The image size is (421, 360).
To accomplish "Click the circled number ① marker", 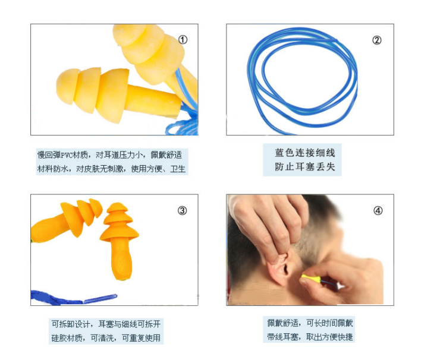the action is tap(183, 40).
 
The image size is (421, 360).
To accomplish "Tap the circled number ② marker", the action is tap(376, 40).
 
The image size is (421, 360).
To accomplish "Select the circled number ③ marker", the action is tap(183, 210).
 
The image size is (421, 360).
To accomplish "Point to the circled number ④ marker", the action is tap(378, 210).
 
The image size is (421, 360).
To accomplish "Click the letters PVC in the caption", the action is tap(67, 155).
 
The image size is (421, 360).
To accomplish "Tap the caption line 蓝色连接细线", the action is tap(305, 153).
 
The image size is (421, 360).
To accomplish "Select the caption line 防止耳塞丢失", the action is tap(305, 167).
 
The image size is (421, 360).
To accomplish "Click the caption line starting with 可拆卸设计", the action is tap(106, 324).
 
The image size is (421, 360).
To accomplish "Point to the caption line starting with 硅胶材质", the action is tap(106, 338).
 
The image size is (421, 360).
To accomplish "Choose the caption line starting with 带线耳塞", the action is tap(310, 337).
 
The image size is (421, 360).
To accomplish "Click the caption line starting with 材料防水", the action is tap(111, 169).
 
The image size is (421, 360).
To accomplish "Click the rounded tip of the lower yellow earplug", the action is tap(65, 86).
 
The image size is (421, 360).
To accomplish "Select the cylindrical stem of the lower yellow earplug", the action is tap(153, 100).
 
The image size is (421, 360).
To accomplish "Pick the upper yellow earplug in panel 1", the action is tap(153, 56).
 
